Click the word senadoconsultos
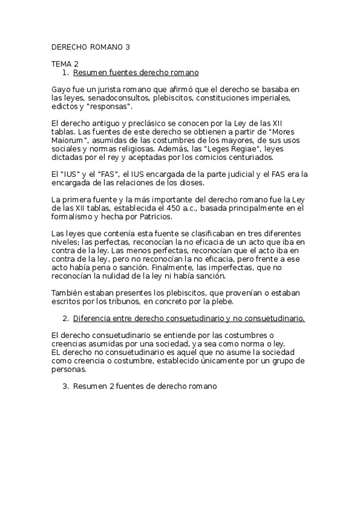pyautogui.click(x=115, y=97)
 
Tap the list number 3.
pyautogui.click(x=66, y=387)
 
